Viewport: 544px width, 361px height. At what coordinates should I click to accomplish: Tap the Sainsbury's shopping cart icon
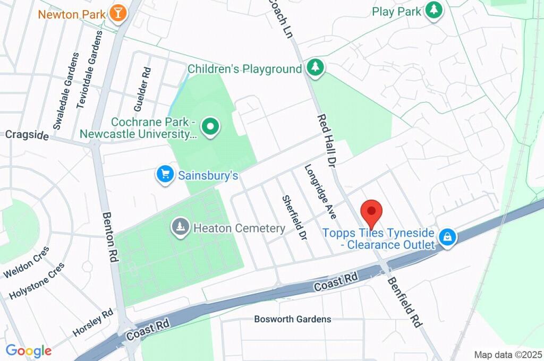[x=165, y=174]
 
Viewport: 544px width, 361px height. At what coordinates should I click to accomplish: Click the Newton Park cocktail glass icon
[x=118, y=13]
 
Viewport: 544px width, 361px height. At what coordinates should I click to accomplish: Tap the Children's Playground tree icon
[x=316, y=68]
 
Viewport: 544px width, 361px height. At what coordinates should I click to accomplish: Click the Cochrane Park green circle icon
[x=211, y=127]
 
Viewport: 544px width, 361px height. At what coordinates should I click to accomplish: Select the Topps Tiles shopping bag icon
[x=448, y=238]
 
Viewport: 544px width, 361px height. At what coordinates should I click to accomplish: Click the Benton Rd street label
[x=110, y=236]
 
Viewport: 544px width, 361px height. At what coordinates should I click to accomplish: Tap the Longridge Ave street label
[x=321, y=192]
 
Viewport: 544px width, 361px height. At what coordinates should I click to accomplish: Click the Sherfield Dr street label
[x=295, y=217]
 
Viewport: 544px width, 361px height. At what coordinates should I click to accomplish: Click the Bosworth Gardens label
[x=293, y=319]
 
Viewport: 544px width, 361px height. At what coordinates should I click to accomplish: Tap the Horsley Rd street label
[x=93, y=322]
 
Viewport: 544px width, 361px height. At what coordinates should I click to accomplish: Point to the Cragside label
[x=27, y=135]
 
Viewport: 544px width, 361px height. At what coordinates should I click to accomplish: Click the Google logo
[x=29, y=351]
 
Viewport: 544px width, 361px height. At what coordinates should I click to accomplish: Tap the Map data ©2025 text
[x=508, y=355]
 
